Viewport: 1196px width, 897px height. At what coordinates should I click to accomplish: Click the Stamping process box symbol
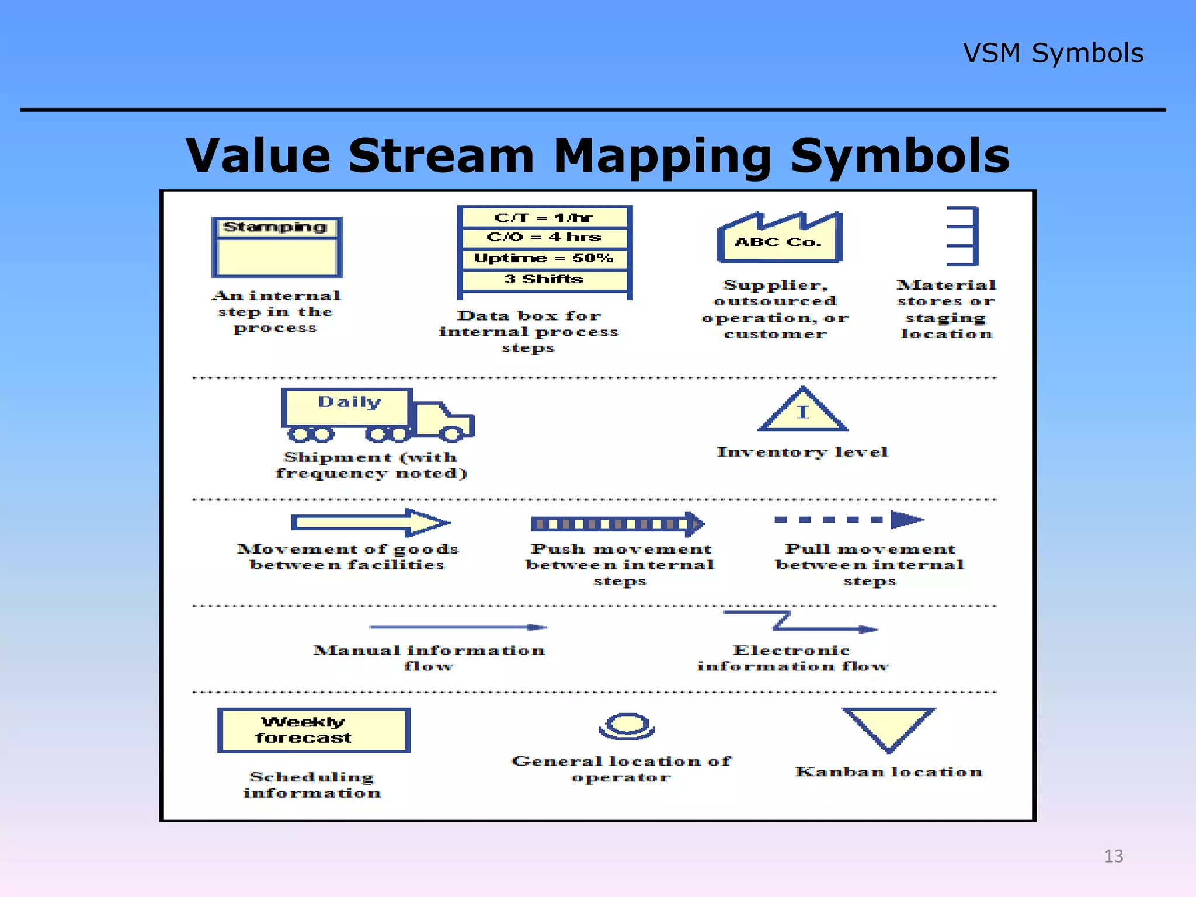(277, 248)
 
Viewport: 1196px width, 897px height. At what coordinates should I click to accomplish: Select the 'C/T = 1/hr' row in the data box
(544, 218)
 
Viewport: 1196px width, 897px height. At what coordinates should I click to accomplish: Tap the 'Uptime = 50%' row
(544, 258)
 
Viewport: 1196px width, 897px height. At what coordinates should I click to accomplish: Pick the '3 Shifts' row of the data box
(544, 279)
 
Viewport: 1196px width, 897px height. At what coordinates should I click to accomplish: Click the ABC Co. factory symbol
(779, 240)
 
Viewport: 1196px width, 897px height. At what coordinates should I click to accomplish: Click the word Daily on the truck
(349, 402)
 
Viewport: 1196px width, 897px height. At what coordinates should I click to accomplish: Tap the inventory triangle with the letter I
(803, 412)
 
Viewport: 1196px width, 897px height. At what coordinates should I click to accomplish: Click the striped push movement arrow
(617, 524)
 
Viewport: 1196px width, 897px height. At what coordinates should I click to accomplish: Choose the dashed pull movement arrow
(849, 520)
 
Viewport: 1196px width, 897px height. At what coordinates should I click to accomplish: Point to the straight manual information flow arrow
(458, 627)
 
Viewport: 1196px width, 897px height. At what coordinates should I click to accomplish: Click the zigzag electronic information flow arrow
(800, 622)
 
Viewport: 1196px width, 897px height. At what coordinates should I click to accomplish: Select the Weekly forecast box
(314, 730)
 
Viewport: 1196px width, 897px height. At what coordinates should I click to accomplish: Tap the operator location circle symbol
(627, 726)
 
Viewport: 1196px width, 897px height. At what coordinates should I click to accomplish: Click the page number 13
(1113, 856)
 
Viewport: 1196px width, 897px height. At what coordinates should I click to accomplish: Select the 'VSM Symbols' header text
(1052, 53)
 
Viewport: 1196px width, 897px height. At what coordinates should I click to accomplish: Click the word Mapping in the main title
(662, 157)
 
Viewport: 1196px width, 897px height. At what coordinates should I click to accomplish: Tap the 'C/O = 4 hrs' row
(544, 237)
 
